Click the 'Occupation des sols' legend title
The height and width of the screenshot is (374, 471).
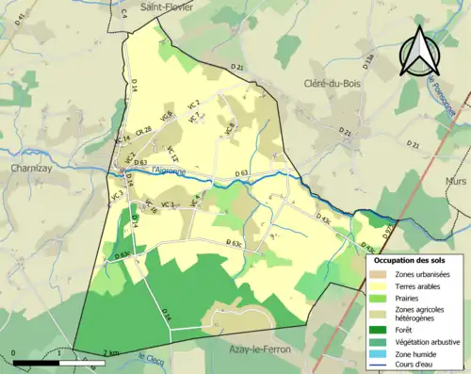coord(413,259)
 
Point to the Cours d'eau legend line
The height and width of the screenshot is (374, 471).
coord(379,366)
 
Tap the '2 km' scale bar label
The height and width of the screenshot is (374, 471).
coord(111,350)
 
